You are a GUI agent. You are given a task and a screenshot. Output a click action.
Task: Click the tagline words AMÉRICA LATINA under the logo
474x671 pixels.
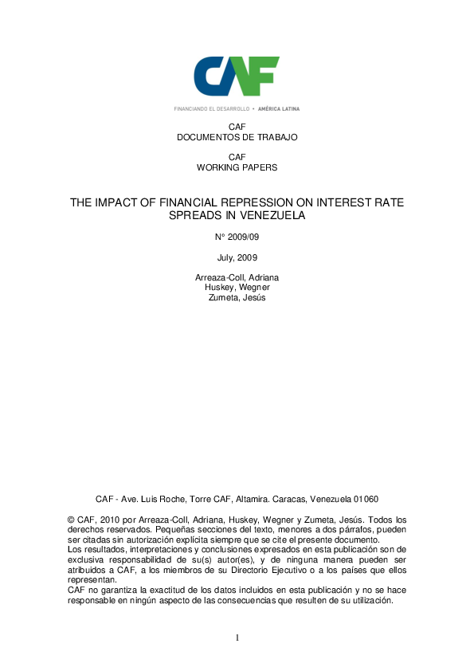280,108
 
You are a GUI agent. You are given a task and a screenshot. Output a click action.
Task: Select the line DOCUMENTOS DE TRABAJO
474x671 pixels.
237,137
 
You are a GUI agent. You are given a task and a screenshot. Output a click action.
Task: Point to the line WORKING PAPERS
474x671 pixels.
237,167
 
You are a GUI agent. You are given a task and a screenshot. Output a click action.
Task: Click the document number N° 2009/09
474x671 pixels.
237,237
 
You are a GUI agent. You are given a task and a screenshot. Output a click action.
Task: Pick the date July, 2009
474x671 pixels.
237,257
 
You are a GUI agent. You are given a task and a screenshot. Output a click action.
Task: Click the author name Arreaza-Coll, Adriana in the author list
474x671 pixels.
237,277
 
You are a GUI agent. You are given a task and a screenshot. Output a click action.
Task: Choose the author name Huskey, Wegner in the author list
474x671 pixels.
237,288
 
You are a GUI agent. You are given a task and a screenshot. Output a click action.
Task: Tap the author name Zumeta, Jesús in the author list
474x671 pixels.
237,298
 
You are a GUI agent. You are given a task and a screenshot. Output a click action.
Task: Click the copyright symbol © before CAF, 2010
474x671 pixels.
72,520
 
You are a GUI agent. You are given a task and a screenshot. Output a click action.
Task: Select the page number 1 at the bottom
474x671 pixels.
237,638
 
